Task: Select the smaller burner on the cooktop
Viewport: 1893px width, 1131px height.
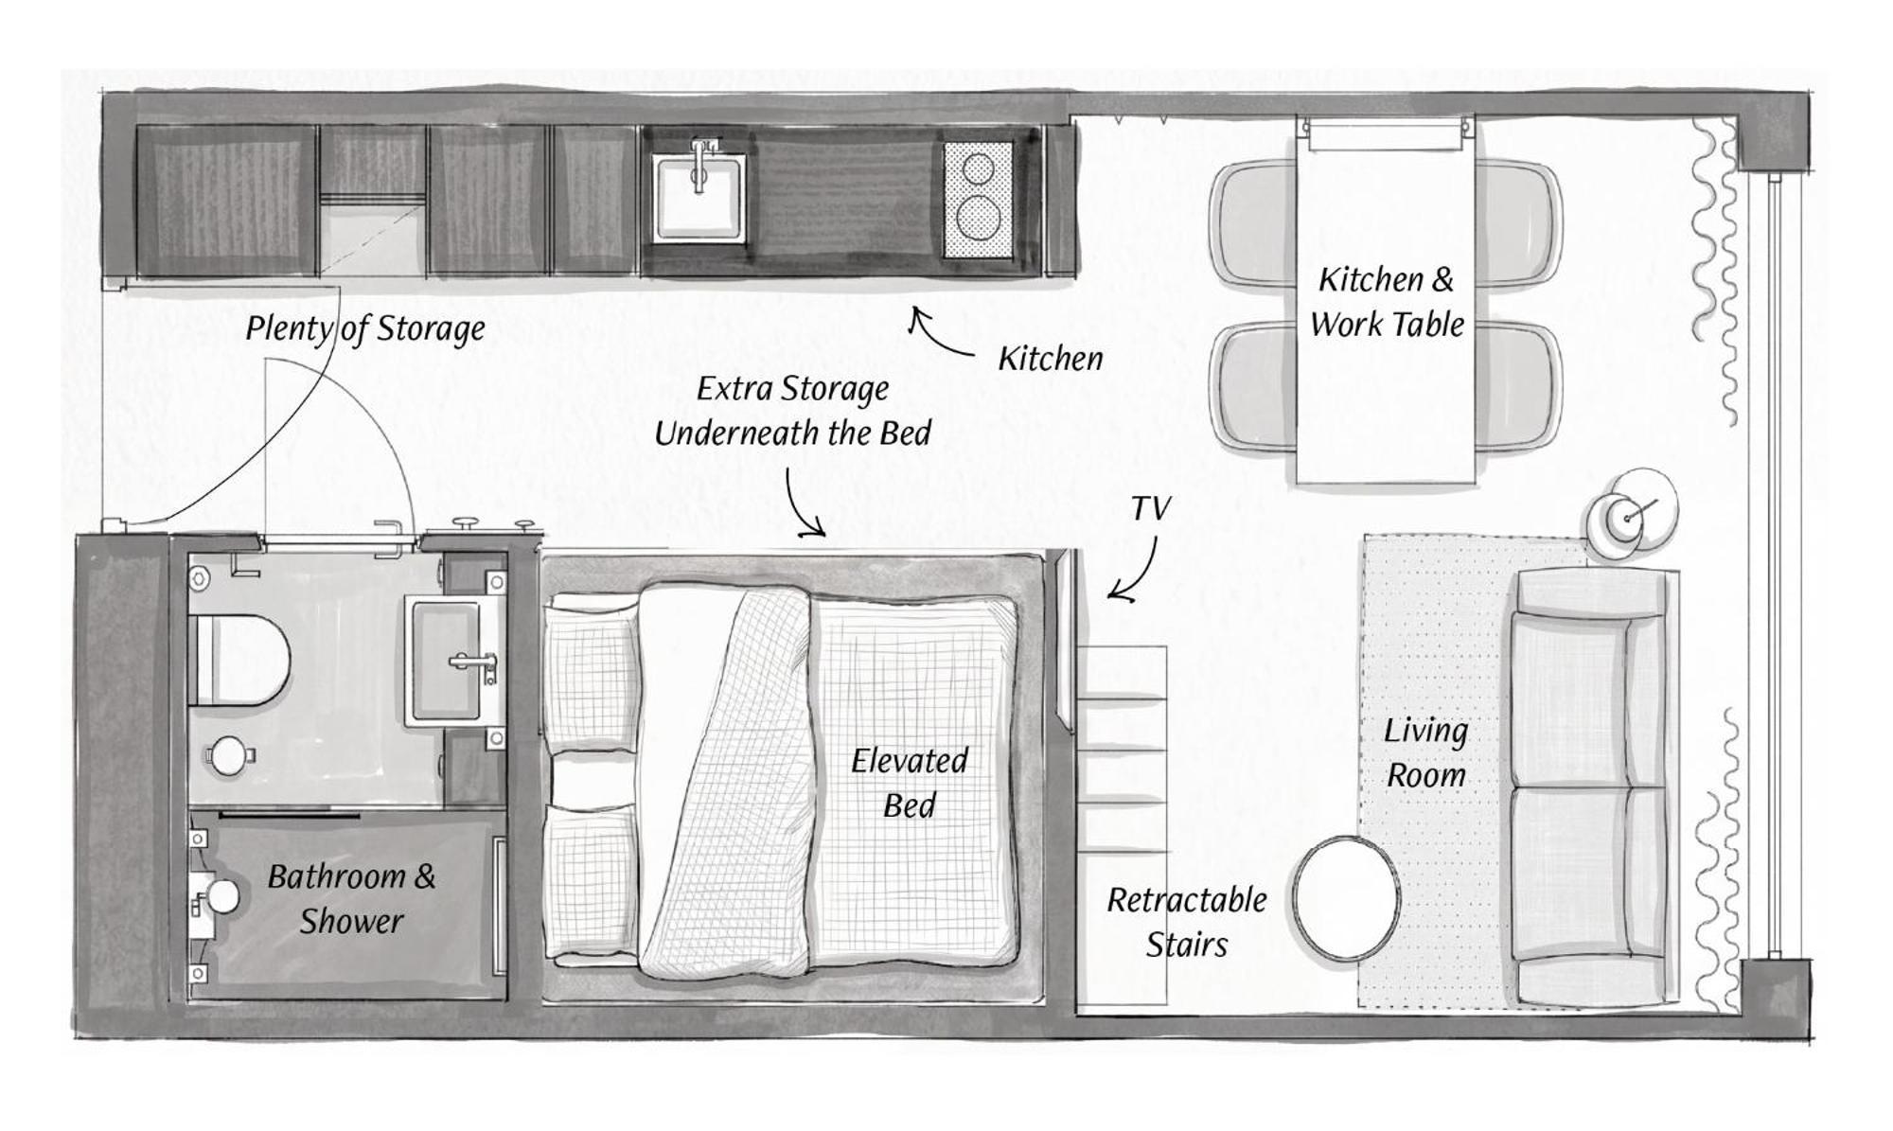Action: pyautogui.click(x=978, y=169)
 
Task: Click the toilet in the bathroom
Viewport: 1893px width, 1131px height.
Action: pyautogui.click(x=239, y=660)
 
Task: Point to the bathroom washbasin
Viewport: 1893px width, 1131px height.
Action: pyautogui.click(x=455, y=661)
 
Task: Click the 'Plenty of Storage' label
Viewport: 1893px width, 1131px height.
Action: pyautogui.click(x=365, y=329)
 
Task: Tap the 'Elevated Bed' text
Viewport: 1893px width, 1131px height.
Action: pyautogui.click(x=910, y=783)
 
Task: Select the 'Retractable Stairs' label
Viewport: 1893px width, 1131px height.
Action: pyautogui.click(x=1187, y=922)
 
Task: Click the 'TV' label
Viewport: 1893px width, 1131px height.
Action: pyautogui.click(x=1151, y=509)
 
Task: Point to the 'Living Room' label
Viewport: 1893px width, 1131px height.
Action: pyautogui.click(x=1425, y=752)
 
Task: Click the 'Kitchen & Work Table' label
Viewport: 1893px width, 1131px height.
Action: pyautogui.click(x=1387, y=302)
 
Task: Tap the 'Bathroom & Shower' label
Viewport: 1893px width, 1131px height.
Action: pyautogui.click(x=351, y=898)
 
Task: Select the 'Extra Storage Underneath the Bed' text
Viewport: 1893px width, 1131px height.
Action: pyautogui.click(x=793, y=411)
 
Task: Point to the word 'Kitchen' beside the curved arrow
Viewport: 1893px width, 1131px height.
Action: pyautogui.click(x=1051, y=359)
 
